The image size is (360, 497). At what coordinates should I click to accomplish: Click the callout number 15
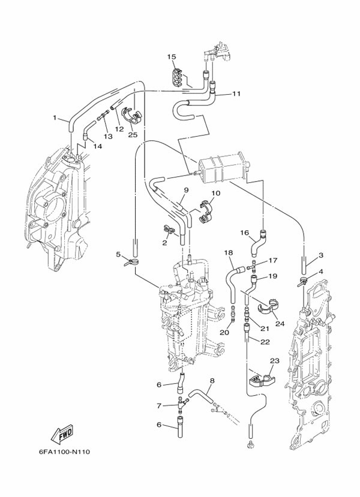pos(172,57)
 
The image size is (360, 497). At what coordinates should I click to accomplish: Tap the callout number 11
pos(236,94)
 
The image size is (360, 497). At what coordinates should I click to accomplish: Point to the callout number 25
pos(133,135)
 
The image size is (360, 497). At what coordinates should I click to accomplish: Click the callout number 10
pos(215,193)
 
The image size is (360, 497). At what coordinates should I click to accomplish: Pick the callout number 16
pos(244,233)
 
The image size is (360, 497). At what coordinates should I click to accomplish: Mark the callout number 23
pos(275,361)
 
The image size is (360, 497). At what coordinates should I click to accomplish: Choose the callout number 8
pos(212,381)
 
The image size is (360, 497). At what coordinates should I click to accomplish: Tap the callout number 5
pos(118,254)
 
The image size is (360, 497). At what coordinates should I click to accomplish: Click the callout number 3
pos(321,255)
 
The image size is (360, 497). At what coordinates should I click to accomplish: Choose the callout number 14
pos(97,146)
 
